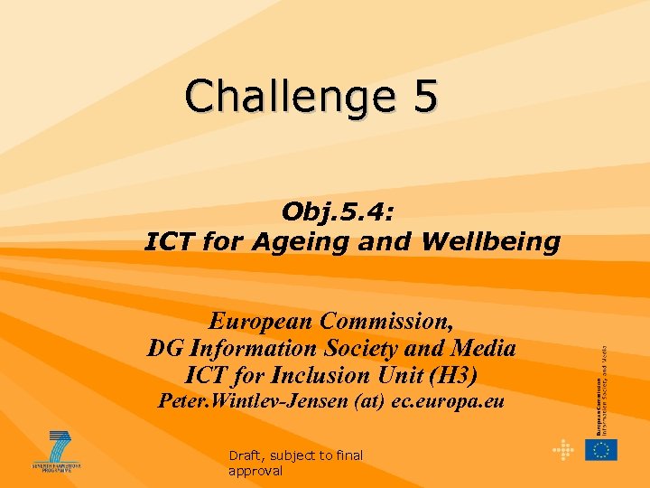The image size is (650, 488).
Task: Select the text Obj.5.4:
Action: point(338,211)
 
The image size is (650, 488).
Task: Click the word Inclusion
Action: point(348,375)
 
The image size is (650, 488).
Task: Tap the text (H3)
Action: point(450,375)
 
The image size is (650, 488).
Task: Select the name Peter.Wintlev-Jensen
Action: point(247,401)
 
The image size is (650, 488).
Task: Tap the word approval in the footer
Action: point(255,471)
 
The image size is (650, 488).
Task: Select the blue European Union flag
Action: point(600,449)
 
